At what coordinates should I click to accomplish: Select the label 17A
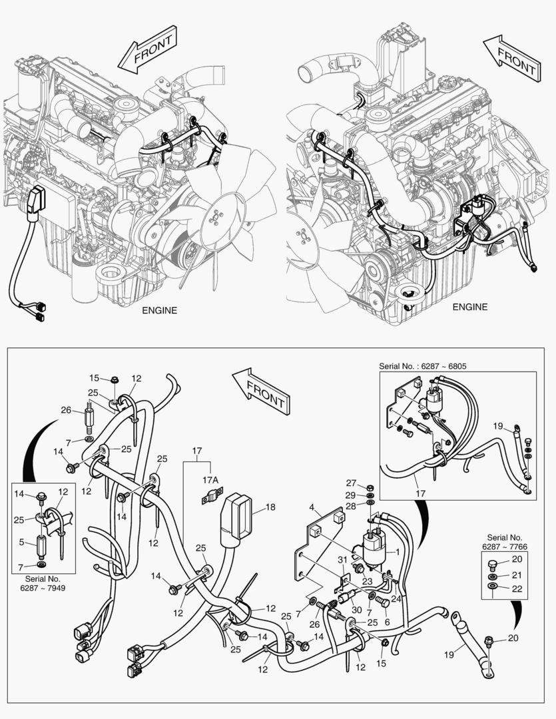(210, 479)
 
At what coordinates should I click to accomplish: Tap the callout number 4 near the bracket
(310, 508)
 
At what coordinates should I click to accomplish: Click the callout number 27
(352, 483)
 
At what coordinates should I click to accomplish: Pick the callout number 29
(352, 497)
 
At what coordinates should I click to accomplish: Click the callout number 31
(342, 559)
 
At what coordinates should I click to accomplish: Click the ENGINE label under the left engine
(159, 310)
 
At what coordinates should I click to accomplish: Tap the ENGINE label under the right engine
(470, 307)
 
